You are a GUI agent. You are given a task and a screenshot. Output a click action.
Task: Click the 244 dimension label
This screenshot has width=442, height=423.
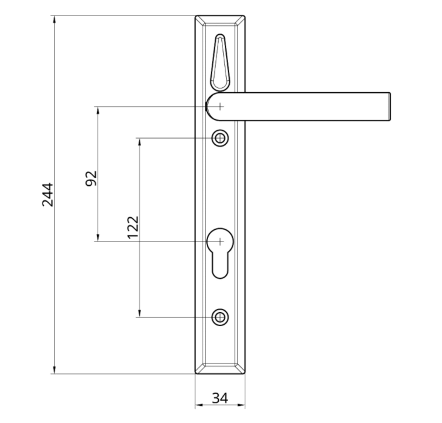(x=48, y=195)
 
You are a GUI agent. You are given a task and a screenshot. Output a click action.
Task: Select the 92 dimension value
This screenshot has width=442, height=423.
(x=92, y=178)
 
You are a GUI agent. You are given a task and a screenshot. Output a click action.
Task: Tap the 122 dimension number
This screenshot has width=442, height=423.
(x=133, y=227)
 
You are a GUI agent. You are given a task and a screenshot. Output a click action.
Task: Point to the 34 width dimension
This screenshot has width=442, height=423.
(x=220, y=398)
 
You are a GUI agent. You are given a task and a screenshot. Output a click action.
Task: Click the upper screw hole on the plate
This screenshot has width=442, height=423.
(x=220, y=138)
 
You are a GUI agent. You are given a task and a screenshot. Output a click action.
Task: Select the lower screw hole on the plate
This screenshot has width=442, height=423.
(x=220, y=317)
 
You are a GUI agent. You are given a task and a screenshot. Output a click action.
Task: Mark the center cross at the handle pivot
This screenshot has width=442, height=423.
(x=220, y=106)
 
